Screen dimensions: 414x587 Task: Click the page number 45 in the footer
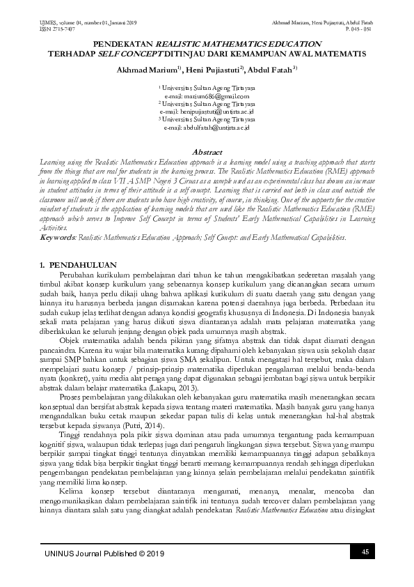364,553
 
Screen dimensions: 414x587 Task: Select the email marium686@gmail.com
207,96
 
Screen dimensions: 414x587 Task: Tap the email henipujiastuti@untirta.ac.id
207,112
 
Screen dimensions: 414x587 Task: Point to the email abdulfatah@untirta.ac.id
207,128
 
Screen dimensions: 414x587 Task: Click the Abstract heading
207,151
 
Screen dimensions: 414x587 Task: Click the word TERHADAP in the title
71,53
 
